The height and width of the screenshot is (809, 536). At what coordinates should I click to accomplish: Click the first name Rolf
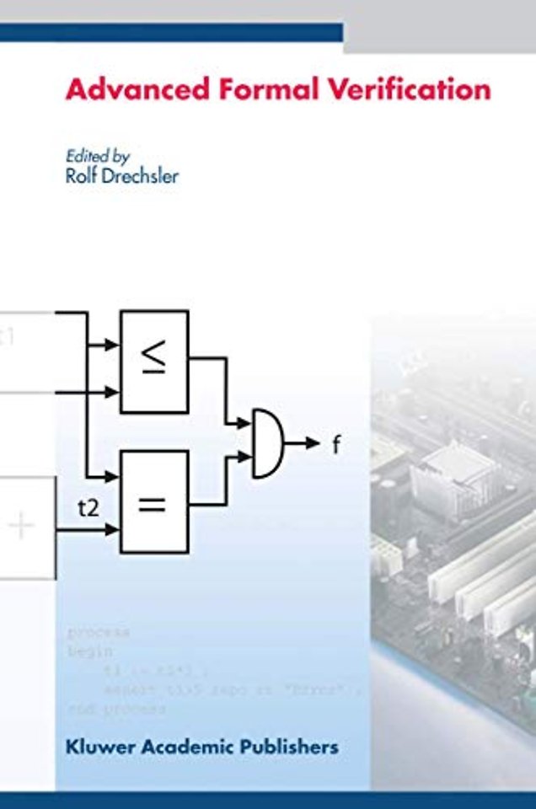[x=81, y=177]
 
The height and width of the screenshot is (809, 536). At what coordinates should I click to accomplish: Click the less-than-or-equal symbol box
[x=154, y=362]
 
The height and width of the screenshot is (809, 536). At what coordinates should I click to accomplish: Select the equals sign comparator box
[x=154, y=502]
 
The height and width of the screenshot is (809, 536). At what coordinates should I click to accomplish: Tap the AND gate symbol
[x=268, y=443]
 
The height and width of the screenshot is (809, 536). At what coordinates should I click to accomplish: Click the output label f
[x=335, y=445]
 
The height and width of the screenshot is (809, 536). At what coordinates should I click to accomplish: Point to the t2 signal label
[x=88, y=508]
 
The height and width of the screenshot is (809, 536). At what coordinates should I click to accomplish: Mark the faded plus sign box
[x=22, y=527]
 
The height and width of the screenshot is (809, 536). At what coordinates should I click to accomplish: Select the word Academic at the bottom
[x=187, y=747]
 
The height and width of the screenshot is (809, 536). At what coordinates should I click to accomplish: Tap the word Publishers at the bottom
[x=290, y=747]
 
